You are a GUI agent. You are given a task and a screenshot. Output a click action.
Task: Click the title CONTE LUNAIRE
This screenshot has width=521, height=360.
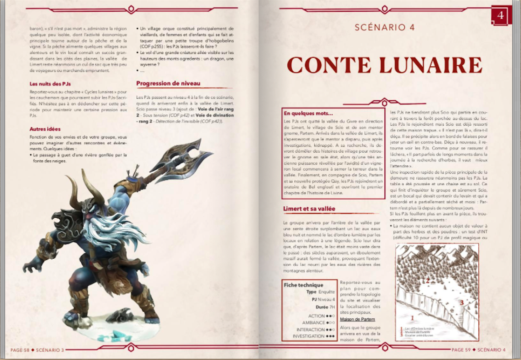tap(384, 65)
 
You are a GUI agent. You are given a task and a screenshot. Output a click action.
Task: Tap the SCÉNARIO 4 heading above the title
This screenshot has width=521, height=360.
tap(385, 27)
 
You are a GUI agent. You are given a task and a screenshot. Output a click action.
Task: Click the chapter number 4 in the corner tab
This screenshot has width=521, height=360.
tap(500, 16)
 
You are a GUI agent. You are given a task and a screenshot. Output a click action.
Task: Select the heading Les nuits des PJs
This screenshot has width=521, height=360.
tap(50, 84)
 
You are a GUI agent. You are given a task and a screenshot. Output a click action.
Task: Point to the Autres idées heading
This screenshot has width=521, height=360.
tap(45, 129)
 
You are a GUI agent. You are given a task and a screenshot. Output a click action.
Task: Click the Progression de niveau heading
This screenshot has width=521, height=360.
tap(168, 83)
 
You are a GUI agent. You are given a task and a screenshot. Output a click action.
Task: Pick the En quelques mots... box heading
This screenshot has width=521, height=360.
tap(308, 113)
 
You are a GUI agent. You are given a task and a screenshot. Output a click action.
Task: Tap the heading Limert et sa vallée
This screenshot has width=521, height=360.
tap(309, 209)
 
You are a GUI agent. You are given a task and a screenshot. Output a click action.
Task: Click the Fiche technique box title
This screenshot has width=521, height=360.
tap(303, 285)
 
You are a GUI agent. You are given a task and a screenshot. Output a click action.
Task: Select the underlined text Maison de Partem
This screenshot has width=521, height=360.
tap(357, 319)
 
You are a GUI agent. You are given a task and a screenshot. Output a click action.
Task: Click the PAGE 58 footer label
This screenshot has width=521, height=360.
tap(20, 350)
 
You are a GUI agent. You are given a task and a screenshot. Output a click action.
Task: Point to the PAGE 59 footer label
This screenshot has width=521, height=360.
tap(461, 350)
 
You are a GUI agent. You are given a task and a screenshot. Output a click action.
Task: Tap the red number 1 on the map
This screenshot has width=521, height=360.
tap(412, 318)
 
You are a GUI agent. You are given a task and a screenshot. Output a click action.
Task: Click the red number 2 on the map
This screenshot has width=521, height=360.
tap(428, 281)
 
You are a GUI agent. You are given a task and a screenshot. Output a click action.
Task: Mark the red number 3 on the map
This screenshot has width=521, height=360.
tap(462, 302)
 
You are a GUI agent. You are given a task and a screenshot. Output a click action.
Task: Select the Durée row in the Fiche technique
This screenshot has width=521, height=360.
tap(325, 307)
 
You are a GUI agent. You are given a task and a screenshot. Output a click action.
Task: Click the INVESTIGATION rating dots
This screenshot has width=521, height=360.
tap(330, 336)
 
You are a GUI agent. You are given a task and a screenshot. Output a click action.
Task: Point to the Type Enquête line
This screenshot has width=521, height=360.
tap(320, 292)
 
